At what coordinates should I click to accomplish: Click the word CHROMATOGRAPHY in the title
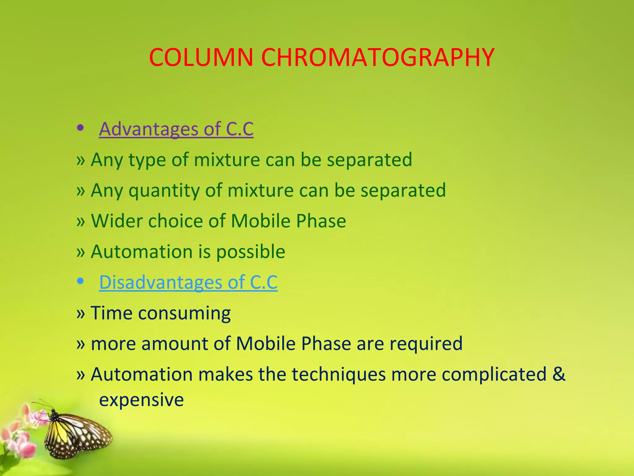point(378,58)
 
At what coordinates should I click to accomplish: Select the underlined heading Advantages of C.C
point(176,129)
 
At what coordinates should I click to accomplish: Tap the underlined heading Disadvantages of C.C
point(188,282)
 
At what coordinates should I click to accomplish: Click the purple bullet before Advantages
point(80,128)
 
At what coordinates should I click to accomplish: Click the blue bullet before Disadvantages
point(80,281)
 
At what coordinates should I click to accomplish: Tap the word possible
point(250,252)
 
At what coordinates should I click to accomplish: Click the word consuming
point(184,313)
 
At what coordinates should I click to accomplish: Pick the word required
point(426,344)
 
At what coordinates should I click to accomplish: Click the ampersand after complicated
point(559,374)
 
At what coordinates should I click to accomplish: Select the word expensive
point(141,400)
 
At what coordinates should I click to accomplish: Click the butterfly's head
point(54,413)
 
